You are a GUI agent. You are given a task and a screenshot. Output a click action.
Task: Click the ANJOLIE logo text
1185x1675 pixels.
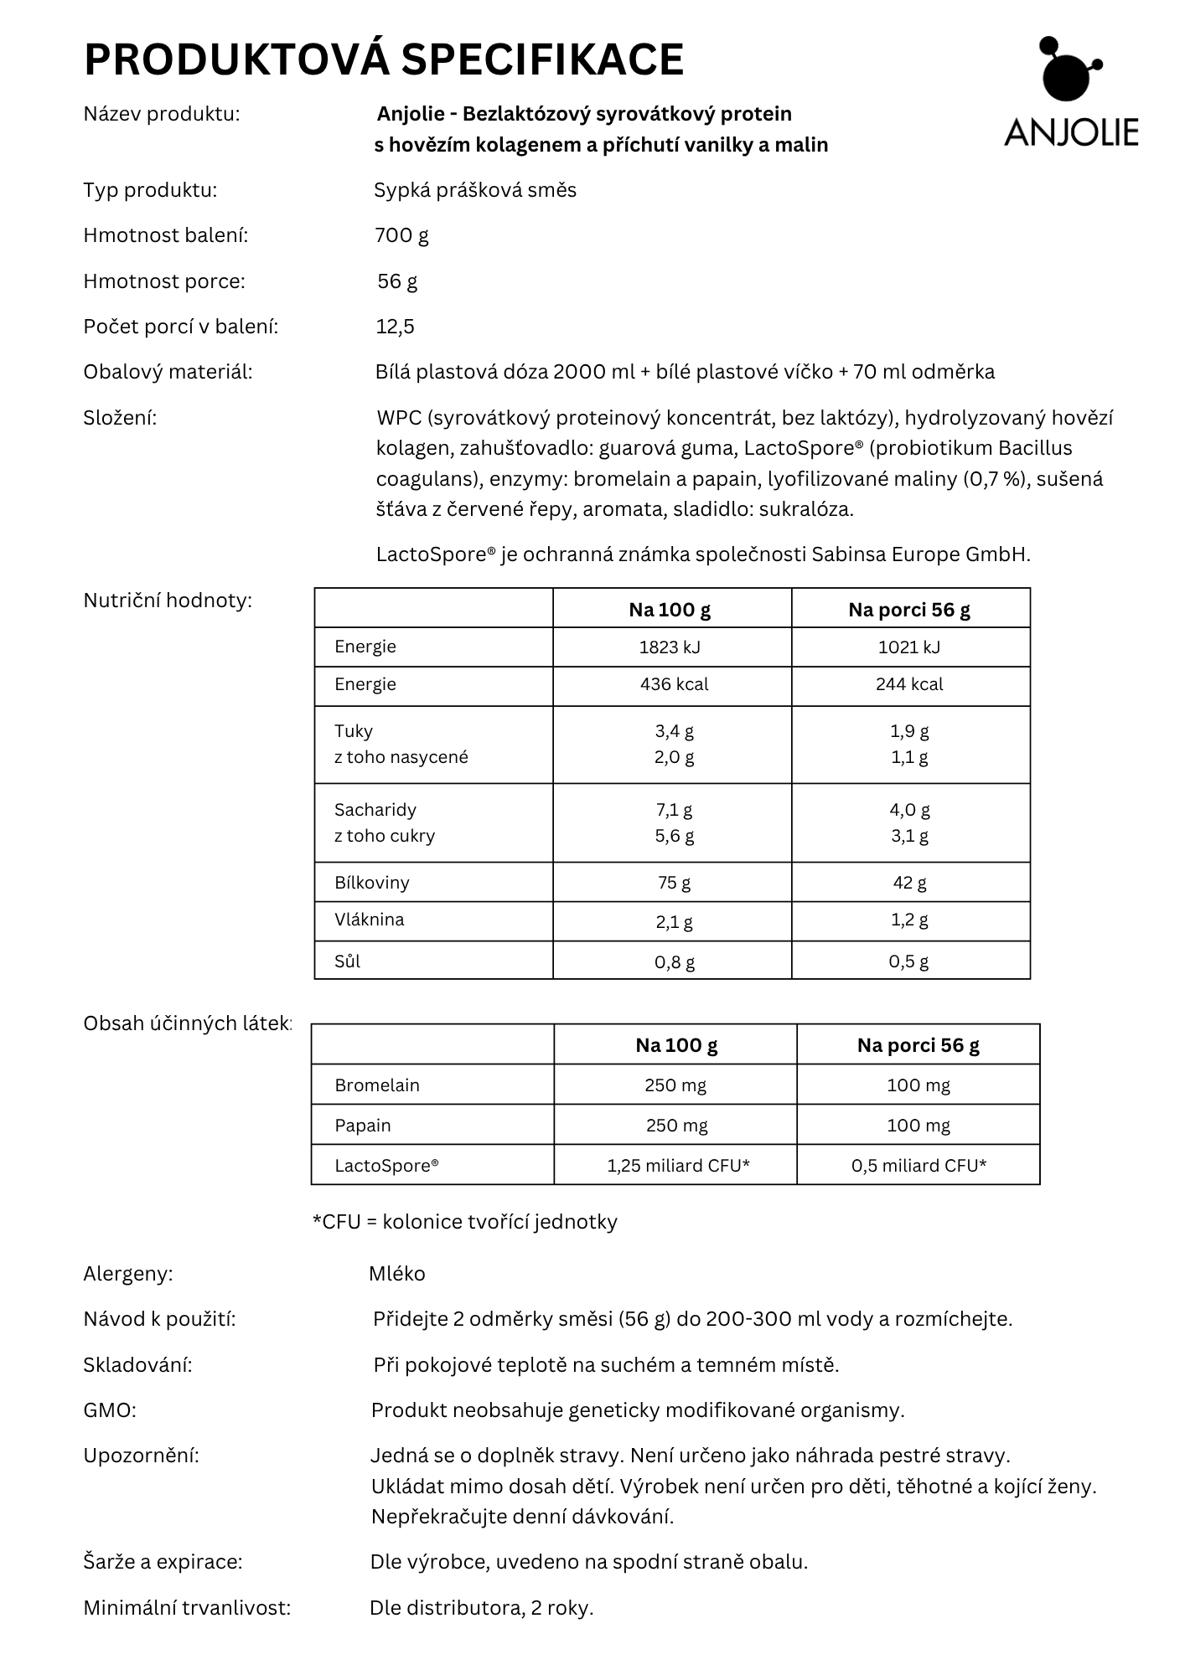[1070, 132]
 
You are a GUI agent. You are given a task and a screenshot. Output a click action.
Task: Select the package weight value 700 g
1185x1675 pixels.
[401, 235]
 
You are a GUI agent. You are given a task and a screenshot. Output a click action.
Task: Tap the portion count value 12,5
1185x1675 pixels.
[395, 327]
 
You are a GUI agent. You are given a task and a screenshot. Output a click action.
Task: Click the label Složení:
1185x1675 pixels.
[120, 418]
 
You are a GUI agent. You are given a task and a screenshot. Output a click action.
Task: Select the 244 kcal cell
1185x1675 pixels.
[909, 684]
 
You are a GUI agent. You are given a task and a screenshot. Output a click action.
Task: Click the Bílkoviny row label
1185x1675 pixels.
[371, 882]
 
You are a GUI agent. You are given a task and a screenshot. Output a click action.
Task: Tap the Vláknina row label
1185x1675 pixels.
[369, 920]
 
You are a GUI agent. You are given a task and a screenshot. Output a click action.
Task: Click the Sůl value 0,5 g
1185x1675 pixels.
[908, 961]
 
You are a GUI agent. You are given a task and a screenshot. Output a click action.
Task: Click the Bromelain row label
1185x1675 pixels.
[376, 1085]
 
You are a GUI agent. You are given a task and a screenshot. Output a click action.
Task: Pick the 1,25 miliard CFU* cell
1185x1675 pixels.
[678, 1166]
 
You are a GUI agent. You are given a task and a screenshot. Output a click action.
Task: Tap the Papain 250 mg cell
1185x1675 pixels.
[676, 1126]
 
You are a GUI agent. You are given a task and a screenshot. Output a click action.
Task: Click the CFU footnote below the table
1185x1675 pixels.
[464, 1222]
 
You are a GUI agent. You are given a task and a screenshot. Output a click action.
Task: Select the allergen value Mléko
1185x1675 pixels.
[397, 1274]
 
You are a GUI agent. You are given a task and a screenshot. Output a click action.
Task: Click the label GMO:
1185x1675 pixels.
[109, 1410]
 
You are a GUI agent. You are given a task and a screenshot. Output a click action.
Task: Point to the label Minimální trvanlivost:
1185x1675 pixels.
[187, 1608]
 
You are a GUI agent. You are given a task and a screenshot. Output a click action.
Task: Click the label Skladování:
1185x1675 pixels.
[137, 1365]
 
